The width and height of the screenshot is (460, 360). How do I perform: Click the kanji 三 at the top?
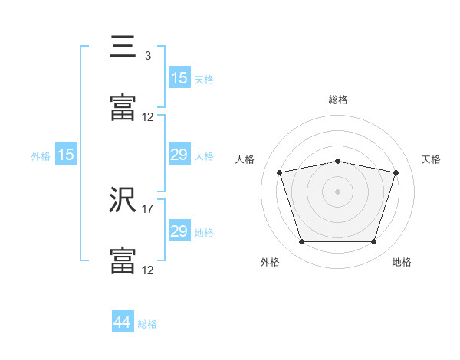(123, 48)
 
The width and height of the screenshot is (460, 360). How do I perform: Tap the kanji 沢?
(123, 200)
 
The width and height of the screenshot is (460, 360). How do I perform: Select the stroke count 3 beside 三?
(147, 56)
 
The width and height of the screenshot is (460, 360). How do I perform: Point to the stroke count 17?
(148, 208)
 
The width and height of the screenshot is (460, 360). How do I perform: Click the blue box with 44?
(123, 322)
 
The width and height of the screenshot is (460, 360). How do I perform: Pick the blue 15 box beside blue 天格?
(179, 78)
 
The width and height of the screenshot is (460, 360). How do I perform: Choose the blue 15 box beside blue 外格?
(66, 155)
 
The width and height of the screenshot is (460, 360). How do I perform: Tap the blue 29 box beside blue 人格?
(179, 155)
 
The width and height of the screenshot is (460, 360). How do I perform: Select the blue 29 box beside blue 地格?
(179, 231)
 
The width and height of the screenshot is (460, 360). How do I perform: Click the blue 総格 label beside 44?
(148, 324)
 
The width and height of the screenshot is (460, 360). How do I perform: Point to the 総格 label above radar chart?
(338, 100)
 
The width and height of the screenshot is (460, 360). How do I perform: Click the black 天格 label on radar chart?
(432, 159)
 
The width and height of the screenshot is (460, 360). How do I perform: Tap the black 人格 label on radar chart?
(245, 159)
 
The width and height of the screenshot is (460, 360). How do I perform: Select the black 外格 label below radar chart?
(270, 262)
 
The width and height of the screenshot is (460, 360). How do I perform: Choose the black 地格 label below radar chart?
(402, 262)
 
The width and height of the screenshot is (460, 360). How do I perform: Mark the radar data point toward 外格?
(301, 242)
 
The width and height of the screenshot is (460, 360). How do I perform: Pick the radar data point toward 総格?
(338, 161)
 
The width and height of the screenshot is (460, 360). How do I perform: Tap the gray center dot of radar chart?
(338, 191)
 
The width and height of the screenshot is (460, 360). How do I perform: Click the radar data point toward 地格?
(374, 242)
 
